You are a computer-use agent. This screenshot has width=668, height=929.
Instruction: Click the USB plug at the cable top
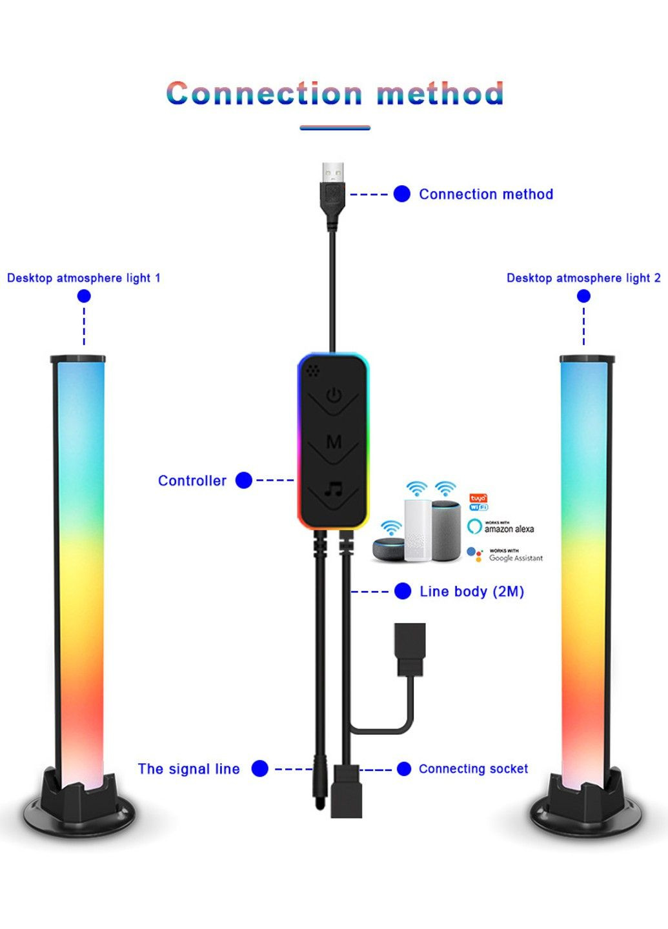(x=332, y=184)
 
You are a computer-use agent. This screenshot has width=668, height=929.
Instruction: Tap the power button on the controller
(x=334, y=395)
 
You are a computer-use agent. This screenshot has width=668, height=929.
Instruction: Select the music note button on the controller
(x=334, y=488)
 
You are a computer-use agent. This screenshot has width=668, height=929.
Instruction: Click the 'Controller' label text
(x=192, y=481)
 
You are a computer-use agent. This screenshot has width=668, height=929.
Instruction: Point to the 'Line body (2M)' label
(x=472, y=592)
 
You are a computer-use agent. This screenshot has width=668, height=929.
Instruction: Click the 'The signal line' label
(x=188, y=769)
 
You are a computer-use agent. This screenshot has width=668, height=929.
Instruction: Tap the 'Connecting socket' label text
(x=473, y=769)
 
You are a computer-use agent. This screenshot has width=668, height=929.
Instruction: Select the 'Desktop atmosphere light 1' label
(x=84, y=278)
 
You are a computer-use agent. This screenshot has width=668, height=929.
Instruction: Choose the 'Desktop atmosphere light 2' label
(x=583, y=278)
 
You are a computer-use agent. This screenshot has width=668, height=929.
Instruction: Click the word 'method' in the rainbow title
(x=440, y=94)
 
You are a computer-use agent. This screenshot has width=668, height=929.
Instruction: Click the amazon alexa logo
(x=501, y=527)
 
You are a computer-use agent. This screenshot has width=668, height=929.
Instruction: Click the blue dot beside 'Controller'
(x=244, y=481)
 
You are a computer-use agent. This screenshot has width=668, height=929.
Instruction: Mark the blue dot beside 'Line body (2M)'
(x=403, y=592)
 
